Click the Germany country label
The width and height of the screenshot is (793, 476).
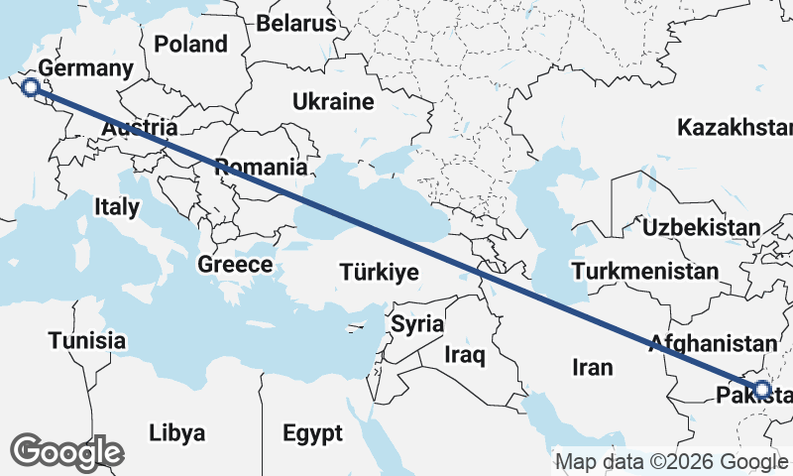pos(86,69)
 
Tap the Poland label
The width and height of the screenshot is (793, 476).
pos(190,44)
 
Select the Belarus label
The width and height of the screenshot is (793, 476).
pos(296,23)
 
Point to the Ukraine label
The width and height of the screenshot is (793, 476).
pos(332,101)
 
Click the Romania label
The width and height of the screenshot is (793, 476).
pos(261,167)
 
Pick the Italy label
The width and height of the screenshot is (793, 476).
pos(117,207)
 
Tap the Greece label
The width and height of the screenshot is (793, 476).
pos(234,265)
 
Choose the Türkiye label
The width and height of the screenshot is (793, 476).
pos(378,272)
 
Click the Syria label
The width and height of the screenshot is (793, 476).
pos(417,323)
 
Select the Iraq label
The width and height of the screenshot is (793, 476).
pos(463,354)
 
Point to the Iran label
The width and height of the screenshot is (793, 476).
pos(593,367)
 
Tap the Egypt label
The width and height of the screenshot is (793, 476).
pos(312,433)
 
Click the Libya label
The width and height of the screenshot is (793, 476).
pos(176,433)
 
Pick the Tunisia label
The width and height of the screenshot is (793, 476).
pos(88,341)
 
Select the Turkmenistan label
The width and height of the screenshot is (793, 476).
pos(644,271)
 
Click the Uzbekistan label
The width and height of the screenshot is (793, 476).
pos(700,227)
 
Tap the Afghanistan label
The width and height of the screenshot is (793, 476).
pos(712,343)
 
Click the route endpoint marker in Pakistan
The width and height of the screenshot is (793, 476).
pos(761,390)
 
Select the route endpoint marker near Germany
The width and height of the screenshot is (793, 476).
pos(32,88)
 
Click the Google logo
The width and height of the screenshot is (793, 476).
pos(66,452)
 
